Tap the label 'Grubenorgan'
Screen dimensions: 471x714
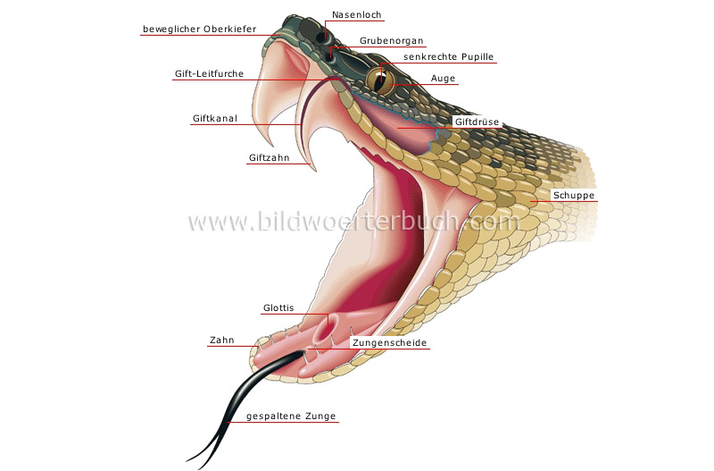click(391, 41)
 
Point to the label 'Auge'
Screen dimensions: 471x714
click(443, 79)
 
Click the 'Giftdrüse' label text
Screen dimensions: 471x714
click(476, 122)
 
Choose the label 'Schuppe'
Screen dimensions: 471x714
click(573, 196)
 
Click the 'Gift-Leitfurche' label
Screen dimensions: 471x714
click(208, 74)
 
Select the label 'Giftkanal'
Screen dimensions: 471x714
click(215, 118)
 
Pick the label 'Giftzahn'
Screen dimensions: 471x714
click(268, 159)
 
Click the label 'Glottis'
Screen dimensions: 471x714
click(278, 308)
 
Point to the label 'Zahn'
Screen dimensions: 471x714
click(221, 341)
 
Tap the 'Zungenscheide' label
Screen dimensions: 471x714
click(389, 343)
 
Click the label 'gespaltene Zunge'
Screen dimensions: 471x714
click(283, 416)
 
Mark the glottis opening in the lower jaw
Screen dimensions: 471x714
click(327, 322)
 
